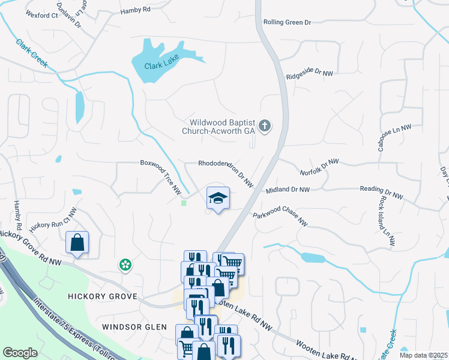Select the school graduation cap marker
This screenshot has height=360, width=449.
(218, 199)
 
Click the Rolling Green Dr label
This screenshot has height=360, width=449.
(288, 23)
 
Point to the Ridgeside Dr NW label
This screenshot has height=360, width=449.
(309, 75)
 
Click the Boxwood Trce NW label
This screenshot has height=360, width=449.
(161, 176)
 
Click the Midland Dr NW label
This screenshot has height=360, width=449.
(288, 190)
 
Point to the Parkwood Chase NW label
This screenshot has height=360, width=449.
(280, 219)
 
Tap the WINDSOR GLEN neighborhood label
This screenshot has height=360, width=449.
(132, 327)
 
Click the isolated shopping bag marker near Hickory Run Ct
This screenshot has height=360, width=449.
(77, 243)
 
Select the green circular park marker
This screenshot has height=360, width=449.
(125, 265)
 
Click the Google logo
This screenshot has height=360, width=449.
(20, 352)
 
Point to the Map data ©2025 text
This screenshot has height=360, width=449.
(423, 355)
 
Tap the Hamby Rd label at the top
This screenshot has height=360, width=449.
(136, 11)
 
